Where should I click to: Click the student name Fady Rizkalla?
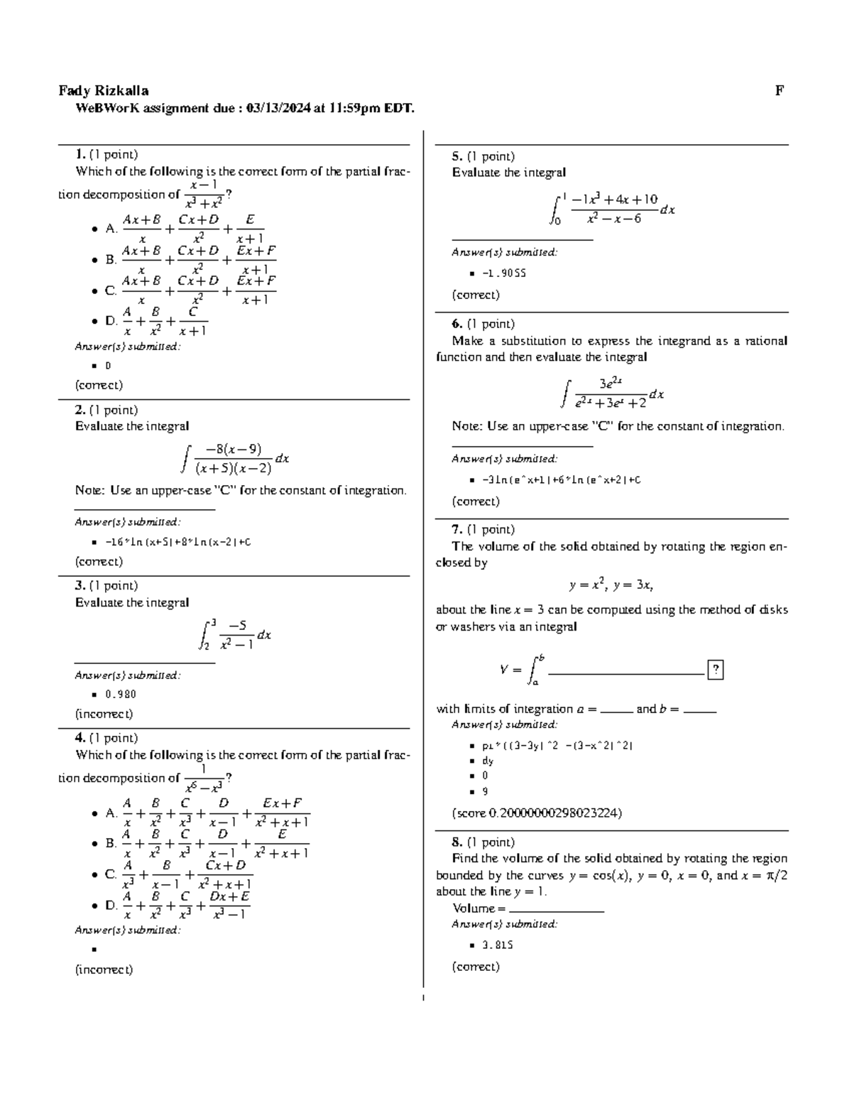[104, 90]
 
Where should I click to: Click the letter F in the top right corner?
[779, 90]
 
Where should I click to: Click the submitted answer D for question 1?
[108, 366]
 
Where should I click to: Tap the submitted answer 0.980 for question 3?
[120, 694]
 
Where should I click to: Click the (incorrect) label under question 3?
[104, 714]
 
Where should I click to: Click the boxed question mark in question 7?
[716, 669]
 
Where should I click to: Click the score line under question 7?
[537, 813]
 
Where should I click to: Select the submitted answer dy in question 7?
[487, 761]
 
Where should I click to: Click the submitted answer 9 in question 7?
[485, 791]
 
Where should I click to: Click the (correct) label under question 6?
[476, 501]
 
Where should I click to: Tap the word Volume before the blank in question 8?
[473, 908]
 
